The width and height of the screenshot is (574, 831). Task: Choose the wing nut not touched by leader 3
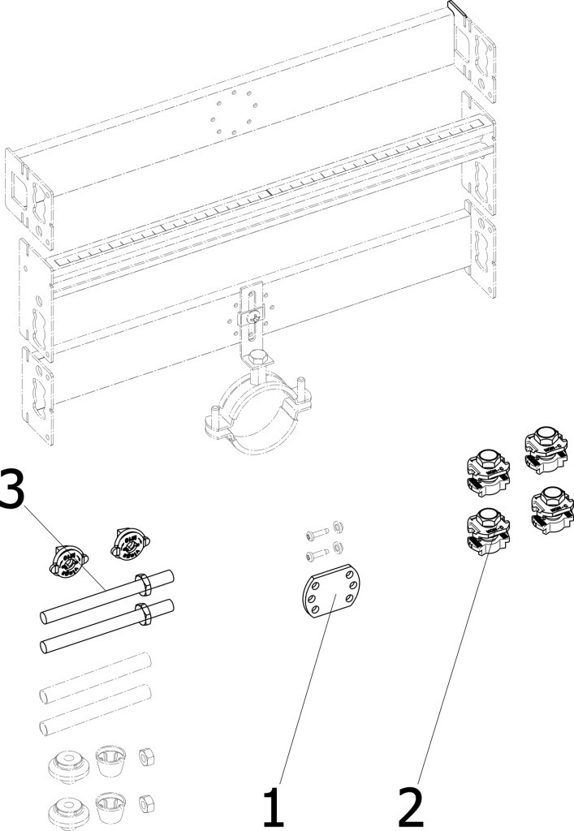(130, 543)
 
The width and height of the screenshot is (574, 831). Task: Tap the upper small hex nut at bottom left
(146, 757)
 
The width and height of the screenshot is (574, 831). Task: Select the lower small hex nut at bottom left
(146, 804)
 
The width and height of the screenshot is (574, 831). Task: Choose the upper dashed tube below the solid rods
(96, 678)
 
